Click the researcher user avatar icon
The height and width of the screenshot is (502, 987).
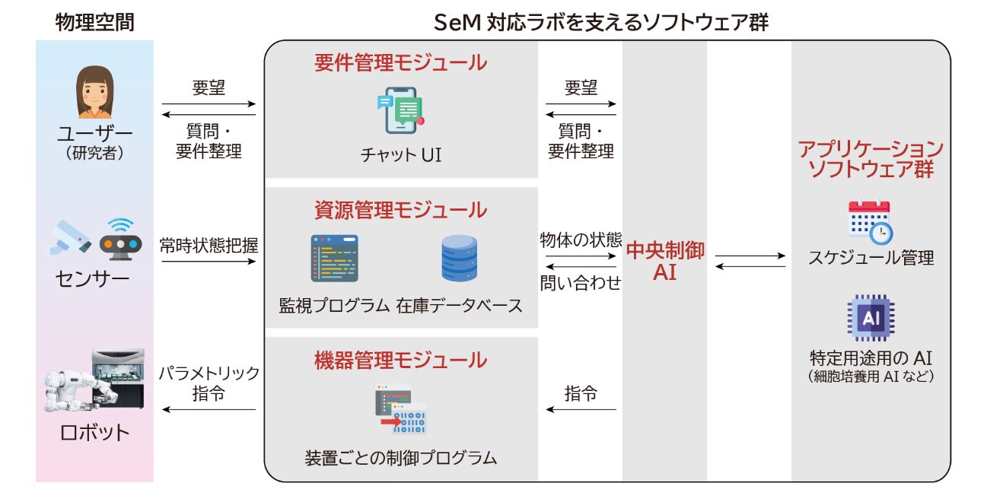95,92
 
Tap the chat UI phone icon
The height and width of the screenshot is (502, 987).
400,111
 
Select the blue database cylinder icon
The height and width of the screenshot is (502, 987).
459,259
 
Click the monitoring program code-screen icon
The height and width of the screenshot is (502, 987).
334,259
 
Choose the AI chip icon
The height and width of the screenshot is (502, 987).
871,318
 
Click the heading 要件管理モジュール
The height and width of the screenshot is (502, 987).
400,63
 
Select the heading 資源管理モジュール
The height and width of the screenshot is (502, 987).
400,209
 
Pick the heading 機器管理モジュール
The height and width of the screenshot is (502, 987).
400,360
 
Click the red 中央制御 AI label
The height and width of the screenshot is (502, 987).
664,261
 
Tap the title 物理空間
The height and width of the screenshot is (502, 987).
94,22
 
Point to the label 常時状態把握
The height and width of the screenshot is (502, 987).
209,245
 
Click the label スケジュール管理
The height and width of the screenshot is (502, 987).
871,258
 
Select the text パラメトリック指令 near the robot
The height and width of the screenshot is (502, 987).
209,384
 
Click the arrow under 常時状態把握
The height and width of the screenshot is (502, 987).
209,262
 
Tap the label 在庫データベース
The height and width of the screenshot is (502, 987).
459,306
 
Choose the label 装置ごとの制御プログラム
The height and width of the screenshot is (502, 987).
400,458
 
